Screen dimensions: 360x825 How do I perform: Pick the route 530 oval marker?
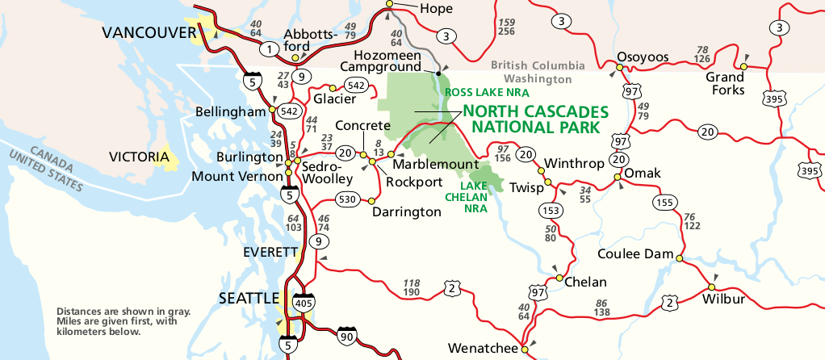click(348, 199)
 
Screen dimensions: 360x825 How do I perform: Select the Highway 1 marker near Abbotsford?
click(266, 50)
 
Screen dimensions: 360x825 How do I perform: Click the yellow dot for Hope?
click(389, 5)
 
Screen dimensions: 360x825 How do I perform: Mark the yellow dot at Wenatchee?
click(524, 350)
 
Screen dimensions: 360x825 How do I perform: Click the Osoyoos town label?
click(643, 57)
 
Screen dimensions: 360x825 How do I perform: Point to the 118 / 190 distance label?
click(411, 287)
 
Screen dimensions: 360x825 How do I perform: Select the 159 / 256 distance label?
click(506, 27)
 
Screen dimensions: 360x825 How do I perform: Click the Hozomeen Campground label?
click(385, 61)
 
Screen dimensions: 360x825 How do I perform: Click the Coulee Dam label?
click(635, 253)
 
